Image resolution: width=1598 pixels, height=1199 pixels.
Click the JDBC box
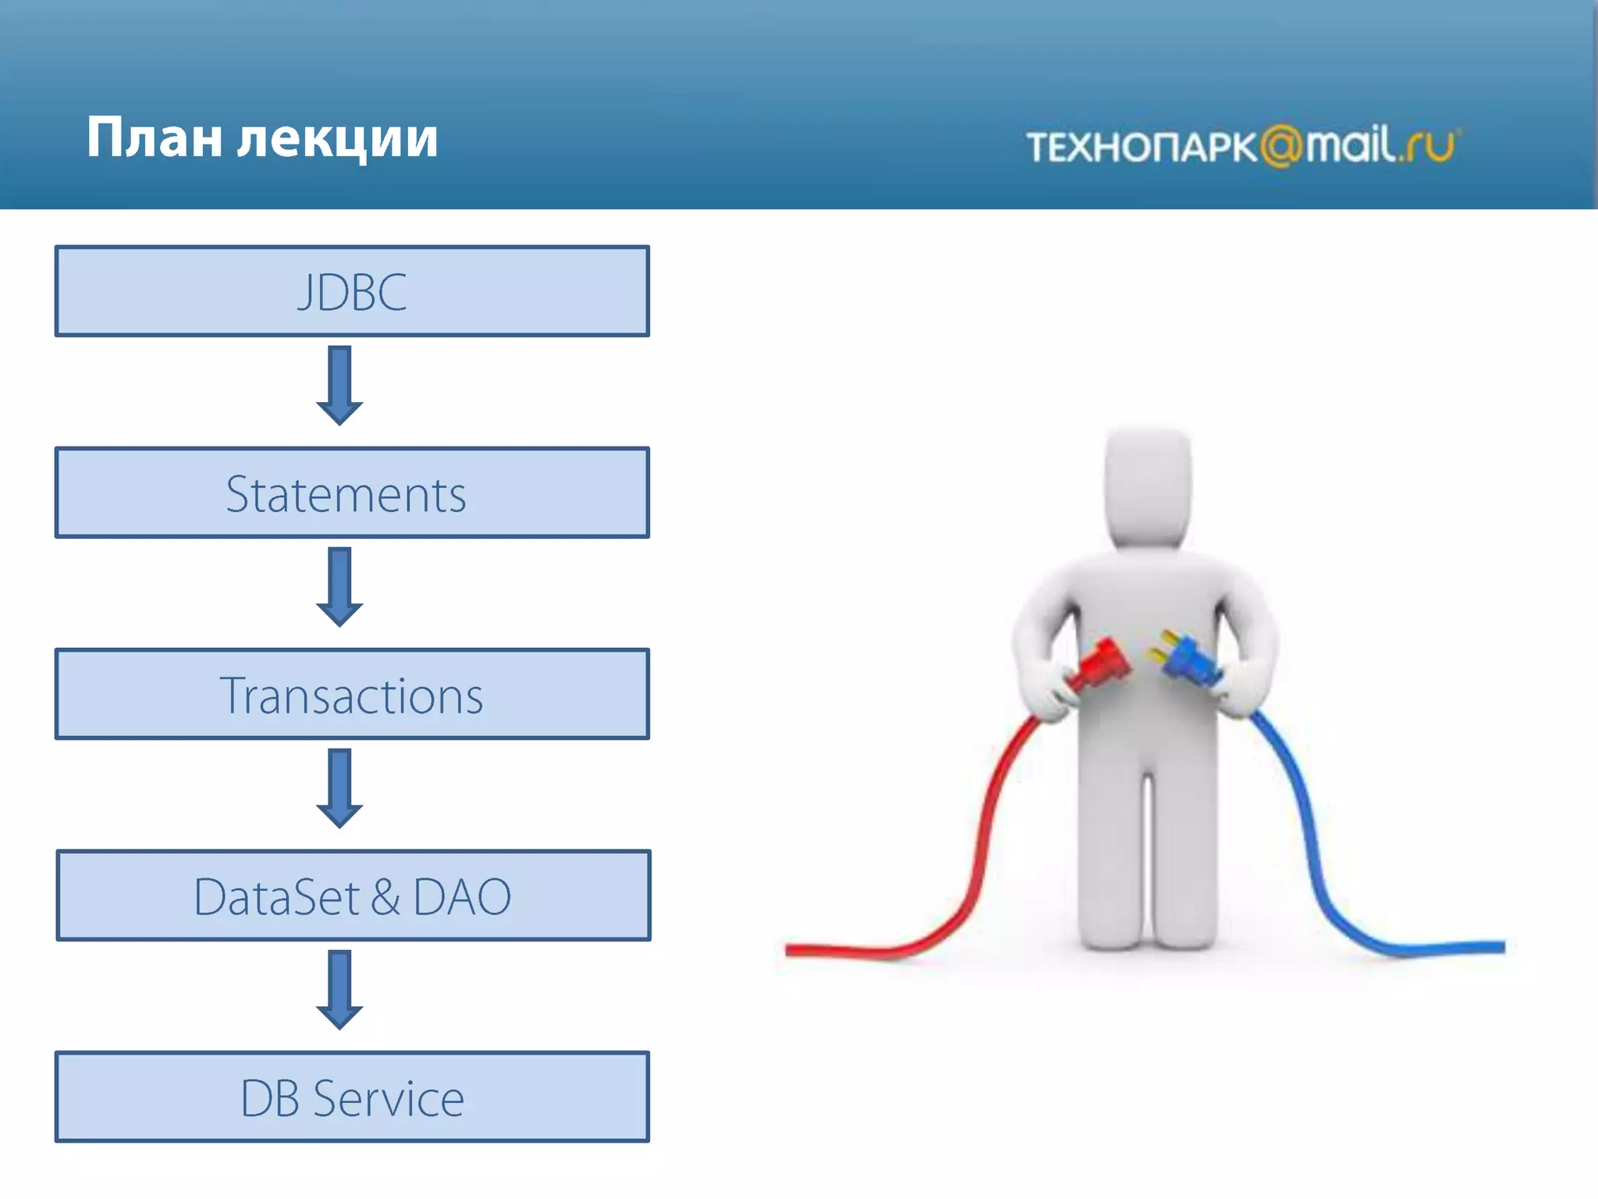(x=352, y=291)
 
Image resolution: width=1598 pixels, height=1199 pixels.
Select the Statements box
(x=352, y=493)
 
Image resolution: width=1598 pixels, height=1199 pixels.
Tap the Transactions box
(x=352, y=694)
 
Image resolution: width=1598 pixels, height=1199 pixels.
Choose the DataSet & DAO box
(x=353, y=895)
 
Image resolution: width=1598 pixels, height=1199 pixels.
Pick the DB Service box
(x=352, y=1097)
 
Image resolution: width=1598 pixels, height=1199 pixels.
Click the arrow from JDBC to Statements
(x=339, y=385)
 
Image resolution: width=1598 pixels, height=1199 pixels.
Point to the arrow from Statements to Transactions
(x=339, y=586)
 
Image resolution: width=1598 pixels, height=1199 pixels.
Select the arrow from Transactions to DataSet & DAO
(x=339, y=788)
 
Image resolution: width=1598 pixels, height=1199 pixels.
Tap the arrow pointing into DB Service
(x=339, y=989)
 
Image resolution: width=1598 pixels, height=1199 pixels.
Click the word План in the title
(x=154, y=139)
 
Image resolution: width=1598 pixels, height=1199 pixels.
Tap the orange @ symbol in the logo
(x=1281, y=146)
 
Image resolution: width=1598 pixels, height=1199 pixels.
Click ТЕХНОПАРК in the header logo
(x=1141, y=148)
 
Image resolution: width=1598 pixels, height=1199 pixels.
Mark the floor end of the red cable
(x=792, y=950)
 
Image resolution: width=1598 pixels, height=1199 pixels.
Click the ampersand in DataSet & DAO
(x=385, y=897)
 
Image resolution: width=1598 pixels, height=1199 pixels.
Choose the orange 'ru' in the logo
(x=1430, y=146)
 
